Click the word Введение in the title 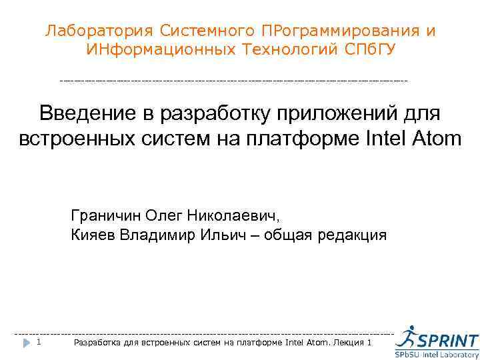(x=81, y=113)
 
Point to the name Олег (x=163, y=217)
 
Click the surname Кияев (x=91, y=235)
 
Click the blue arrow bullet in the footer (x=25, y=343)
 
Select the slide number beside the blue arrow (x=39, y=343)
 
